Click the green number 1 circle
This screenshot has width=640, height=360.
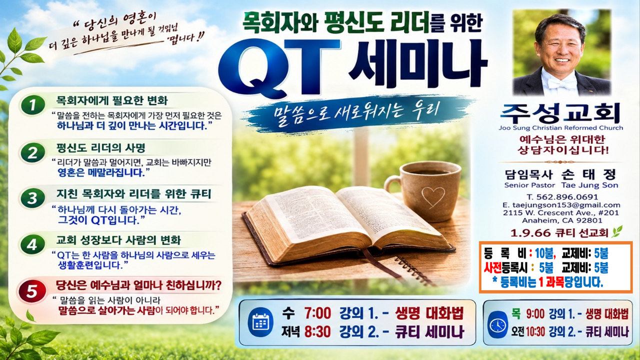33,105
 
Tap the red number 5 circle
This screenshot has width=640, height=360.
32,291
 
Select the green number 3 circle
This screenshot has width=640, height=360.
33,197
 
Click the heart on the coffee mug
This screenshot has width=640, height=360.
433,196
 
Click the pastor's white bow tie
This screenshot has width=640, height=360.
560,83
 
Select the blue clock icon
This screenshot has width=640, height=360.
497,324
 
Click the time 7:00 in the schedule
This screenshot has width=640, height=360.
317,313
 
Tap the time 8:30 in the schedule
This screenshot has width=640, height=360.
317,331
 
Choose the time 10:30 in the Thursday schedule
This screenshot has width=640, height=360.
535,332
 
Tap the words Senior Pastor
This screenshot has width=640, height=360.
529,185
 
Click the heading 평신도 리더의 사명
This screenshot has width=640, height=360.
101,147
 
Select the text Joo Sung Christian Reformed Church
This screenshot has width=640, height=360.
561,127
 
